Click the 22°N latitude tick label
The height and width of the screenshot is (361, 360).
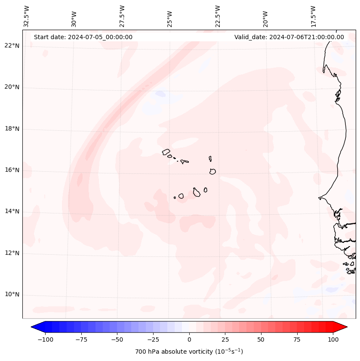coord(12,46)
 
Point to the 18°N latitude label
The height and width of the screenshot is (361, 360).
coord(12,129)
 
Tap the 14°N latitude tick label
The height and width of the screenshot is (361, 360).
coord(12,211)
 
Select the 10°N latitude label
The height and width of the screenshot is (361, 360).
coord(12,294)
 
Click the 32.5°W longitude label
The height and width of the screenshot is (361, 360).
coord(27,16)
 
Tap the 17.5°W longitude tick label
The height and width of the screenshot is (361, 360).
coord(313,16)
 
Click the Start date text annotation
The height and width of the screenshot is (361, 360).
coord(83,37)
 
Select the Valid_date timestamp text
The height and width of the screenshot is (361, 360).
coord(289,37)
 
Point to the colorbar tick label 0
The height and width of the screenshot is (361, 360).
coord(189,339)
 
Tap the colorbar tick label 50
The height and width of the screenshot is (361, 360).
coord(261,339)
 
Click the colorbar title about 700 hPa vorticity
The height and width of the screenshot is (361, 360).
coord(189,352)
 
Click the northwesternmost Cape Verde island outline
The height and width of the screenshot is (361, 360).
coord(166,152)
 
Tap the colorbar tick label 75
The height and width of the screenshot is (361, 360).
coord(297,339)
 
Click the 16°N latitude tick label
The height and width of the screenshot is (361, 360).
coord(12,170)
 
